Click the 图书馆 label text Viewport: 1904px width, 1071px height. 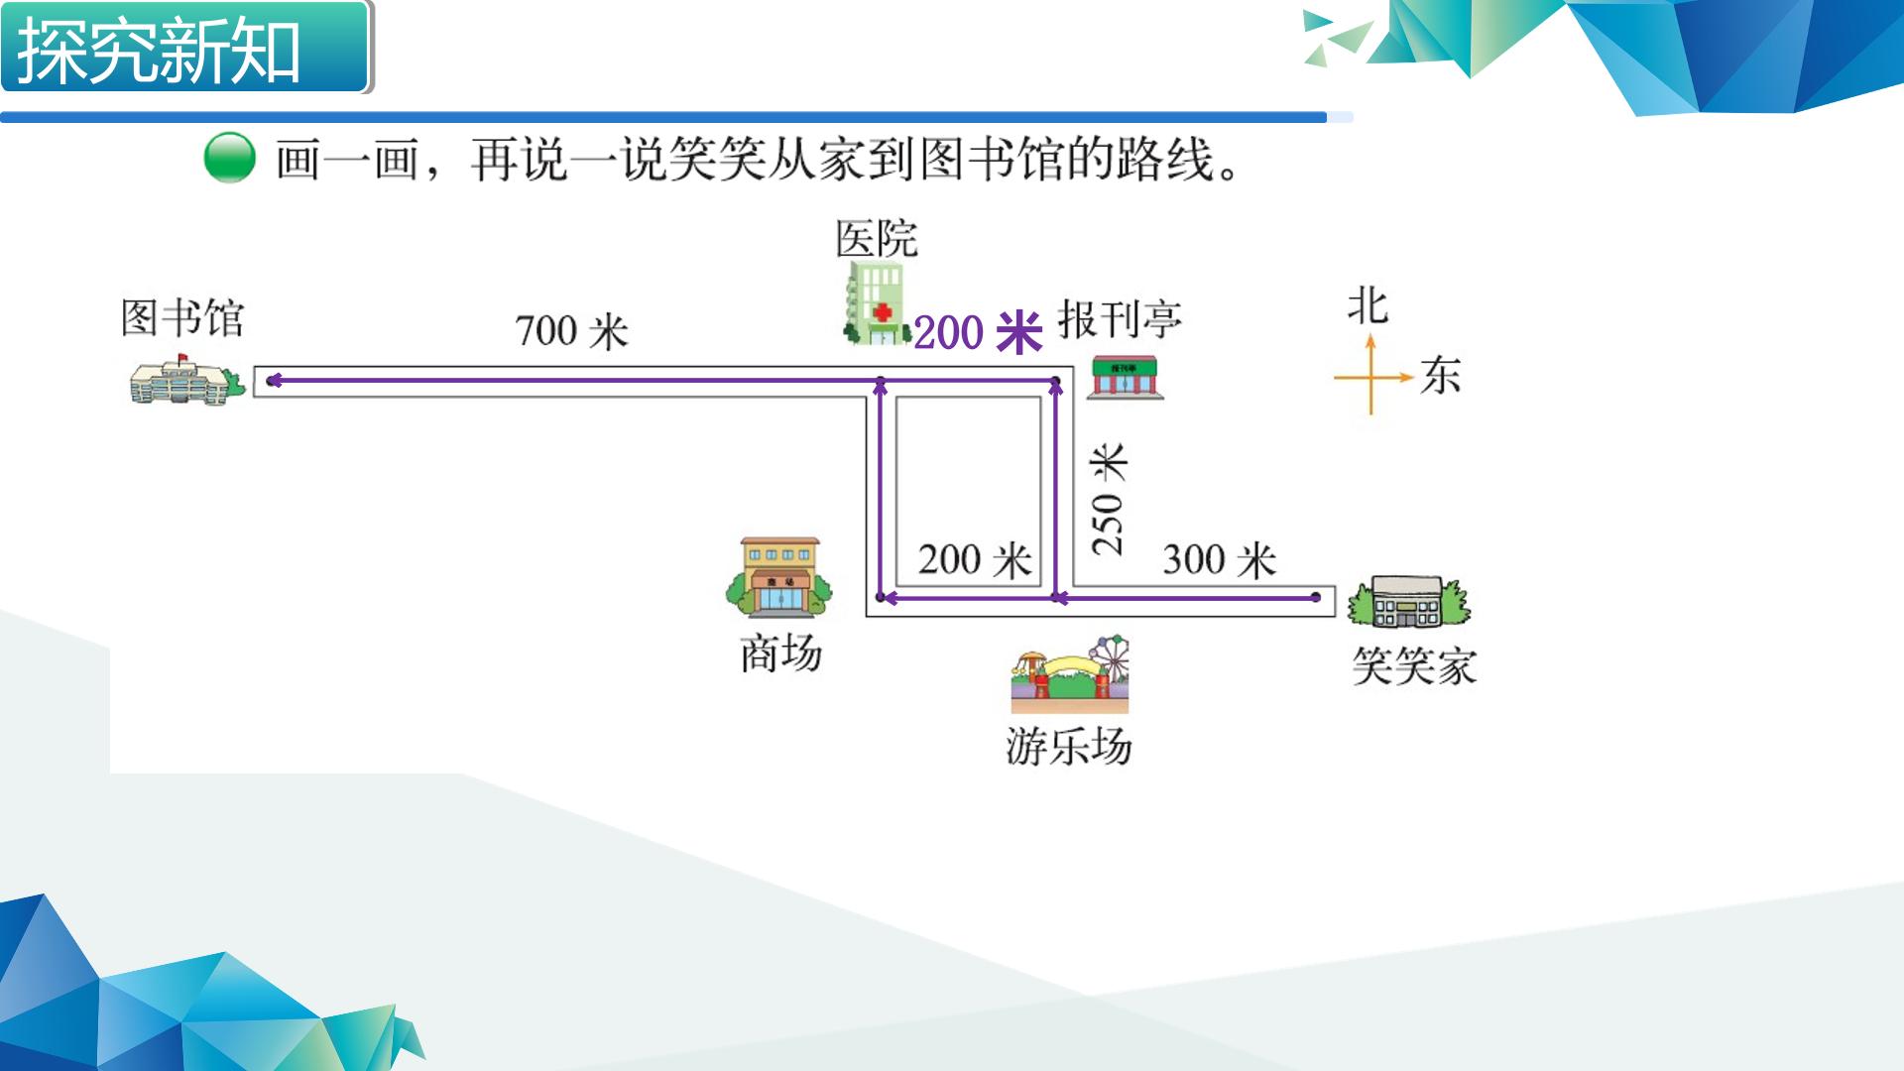click(182, 318)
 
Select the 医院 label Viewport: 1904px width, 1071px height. click(877, 239)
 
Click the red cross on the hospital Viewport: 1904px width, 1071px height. click(882, 313)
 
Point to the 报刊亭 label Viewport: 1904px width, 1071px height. click(1120, 319)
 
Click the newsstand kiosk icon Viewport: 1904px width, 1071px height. click(1126, 378)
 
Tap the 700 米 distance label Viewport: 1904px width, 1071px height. click(572, 331)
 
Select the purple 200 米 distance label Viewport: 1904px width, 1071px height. click(978, 332)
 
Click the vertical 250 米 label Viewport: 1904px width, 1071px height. click(1109, 499)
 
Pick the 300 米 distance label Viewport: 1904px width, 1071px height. click(1220, 560)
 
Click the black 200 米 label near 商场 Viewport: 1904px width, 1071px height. click(975, 560)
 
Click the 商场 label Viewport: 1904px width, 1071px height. click(781, 654)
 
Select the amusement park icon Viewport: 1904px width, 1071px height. click(1070, 674)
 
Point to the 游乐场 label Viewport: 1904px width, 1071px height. click(1069, 747)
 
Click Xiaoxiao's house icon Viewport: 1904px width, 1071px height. click(1408, 602)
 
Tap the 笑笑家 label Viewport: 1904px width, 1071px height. click(1414, 666)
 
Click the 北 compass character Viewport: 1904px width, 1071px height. click(1368, 306)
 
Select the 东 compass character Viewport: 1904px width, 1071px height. click(1440, 376)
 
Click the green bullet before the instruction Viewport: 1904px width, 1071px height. click(230, 159)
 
